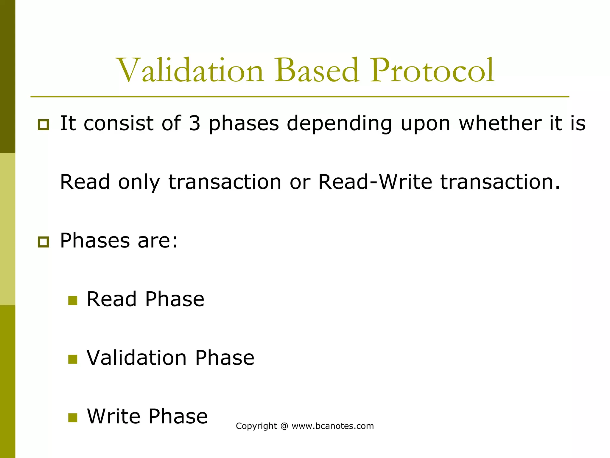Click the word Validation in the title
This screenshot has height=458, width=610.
click(191, 70)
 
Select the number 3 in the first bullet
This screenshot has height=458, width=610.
click(194, 123)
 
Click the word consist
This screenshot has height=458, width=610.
click(119, 123)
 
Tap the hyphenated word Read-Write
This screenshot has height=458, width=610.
click(375, 182)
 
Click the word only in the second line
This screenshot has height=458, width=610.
click(139, 182)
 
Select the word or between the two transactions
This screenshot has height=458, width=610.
click(300, 182)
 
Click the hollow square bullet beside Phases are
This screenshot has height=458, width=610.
click(43, 242)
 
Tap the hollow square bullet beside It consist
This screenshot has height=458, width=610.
click(43, 124)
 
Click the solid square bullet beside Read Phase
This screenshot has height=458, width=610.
click(73, 300)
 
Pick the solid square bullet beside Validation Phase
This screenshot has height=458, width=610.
click(73, 359)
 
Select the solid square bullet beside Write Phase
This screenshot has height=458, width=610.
click(73, 417)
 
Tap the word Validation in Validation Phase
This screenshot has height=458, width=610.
click(137, 358)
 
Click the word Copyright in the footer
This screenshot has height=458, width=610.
click(256, 426)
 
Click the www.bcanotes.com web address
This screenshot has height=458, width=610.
click(333, 426)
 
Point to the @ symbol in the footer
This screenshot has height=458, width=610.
click(284, 426)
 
